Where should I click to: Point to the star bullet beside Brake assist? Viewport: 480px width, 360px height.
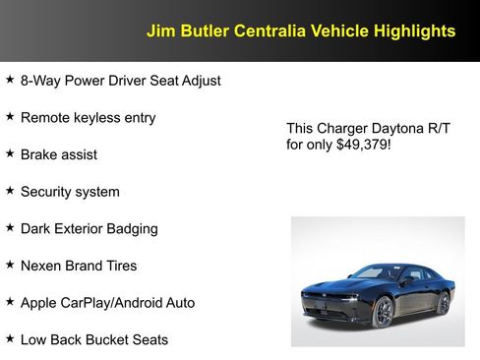pos(10,153)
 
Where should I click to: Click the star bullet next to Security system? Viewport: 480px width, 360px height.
pos(10,191)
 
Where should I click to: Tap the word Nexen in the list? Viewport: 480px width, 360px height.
pos(42,266)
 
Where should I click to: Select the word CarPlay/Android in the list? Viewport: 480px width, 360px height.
pos(114,303)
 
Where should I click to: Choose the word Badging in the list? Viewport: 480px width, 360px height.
pos(133,228)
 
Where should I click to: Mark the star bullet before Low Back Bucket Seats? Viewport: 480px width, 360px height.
pos(10,339)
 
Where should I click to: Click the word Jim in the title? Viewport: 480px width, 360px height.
pos(158,31)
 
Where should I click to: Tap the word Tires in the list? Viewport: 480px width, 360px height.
pos(118,266)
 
